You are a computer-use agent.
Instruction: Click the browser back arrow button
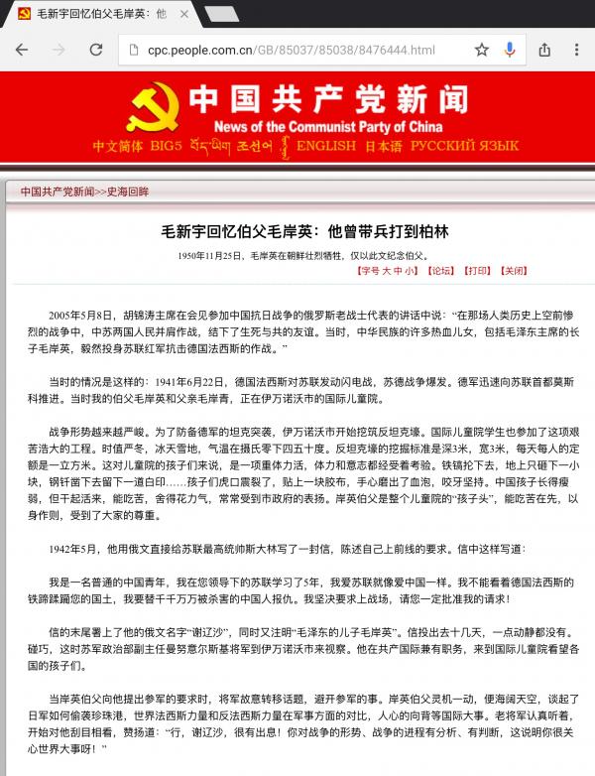(x=22, y=50)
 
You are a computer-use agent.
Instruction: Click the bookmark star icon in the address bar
(x=482, y=50)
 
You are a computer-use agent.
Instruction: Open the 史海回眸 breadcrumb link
(x=130, y=192)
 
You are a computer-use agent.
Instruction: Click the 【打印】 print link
(x=477, y=269)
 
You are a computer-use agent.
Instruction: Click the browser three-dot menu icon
(x=576, y=50)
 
